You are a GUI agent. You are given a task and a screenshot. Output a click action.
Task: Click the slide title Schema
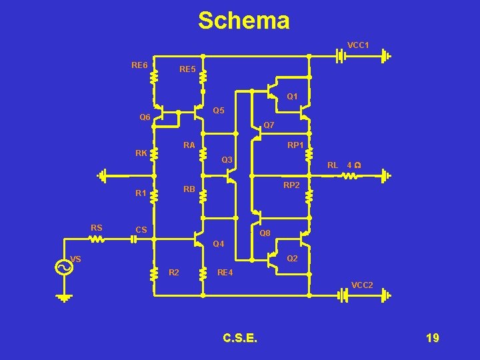pyautogui.click(x=243, y=21)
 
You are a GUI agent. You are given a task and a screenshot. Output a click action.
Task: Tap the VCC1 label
pyautogui.click(x=358, y=45)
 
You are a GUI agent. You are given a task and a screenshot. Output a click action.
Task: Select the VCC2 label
pyautogui.click(x=362, y=285)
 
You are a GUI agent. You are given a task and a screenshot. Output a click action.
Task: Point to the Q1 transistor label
pyautogui.click(x=292, y=97)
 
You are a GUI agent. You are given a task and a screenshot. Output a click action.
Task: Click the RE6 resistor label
pyautogui.click(x=139, y=65)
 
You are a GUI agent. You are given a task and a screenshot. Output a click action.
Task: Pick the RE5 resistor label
pyautogui.click(x=187, y=69)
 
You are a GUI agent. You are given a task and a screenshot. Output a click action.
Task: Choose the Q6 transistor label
pyautogui.click(x=145, y=118)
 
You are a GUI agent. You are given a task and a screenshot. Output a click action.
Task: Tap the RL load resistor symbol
pyautogui.click(x=349, y=176)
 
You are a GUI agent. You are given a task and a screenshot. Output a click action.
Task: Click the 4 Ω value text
pyautogui.click(x=354, y=165)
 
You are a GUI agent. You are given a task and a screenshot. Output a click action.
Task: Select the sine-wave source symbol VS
pyautogui.click(x=63, y=267)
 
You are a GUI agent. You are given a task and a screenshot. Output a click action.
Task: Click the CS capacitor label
pyautogui.click(x=141, y=230)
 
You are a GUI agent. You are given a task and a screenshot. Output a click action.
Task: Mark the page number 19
pyautogui.click(x=432, y=339)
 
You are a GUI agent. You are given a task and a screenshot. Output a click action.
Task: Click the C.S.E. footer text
pyautogui.click(x=240, y=339)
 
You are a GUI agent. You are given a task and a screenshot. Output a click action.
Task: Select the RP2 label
pyautogui.click(x=291, y=185)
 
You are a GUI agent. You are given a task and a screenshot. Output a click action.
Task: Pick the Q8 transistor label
pyautogui.click(x=265, y=233)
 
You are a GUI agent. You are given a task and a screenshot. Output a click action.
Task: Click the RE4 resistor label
pyautogui.click(x=227, y=272)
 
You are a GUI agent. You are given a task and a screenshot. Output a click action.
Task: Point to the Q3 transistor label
pyautogui.click(x=227, y=160)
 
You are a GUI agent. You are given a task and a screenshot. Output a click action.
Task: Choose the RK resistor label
pyautogui.click(x=141, y=153)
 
